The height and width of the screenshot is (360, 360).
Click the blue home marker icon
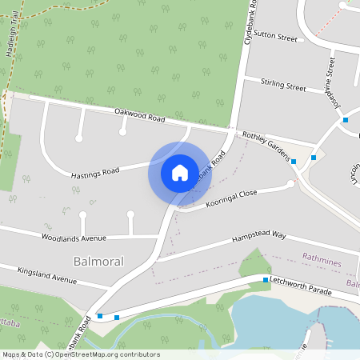(x=179, y=172)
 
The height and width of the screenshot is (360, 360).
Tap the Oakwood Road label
(x=139, y=117)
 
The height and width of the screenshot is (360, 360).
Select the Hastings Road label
(x=94, y=171)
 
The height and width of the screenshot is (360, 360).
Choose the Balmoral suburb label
(x=98, y=262)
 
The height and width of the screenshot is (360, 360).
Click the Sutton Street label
(x=275, y=37)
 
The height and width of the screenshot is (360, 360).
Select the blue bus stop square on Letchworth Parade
(x=266, y=280)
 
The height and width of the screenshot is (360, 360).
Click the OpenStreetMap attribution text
(x=80, y=354)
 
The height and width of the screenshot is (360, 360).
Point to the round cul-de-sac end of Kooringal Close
(x=291, y=184)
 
